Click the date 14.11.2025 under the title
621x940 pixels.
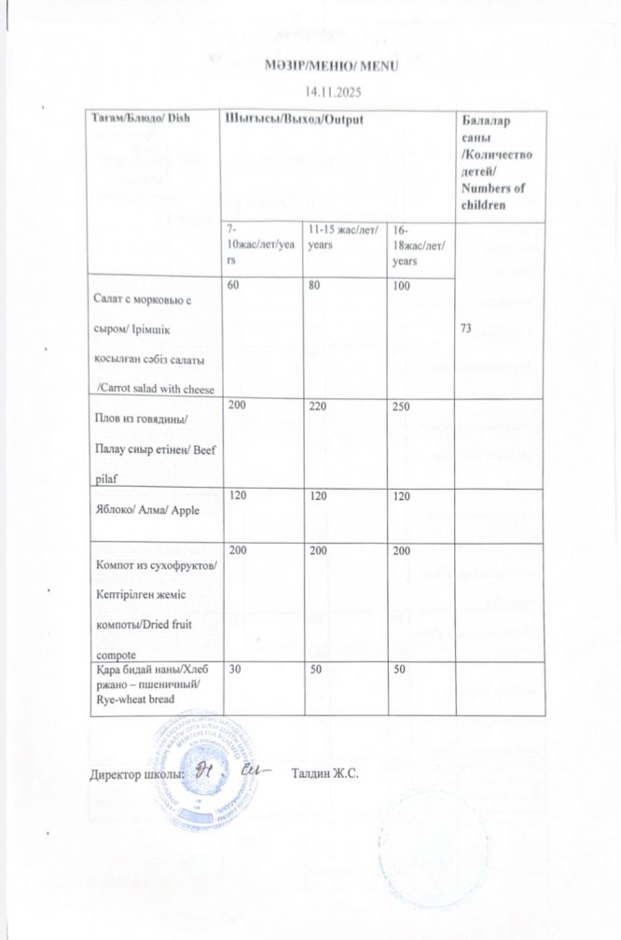tap(332, 91)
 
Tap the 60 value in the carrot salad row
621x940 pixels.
tap(233, 286)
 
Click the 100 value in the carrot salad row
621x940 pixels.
tap(402, 286)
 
